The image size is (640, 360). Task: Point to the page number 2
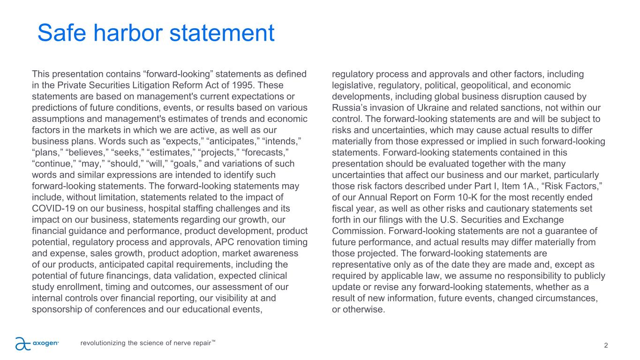tap(606, 345)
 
